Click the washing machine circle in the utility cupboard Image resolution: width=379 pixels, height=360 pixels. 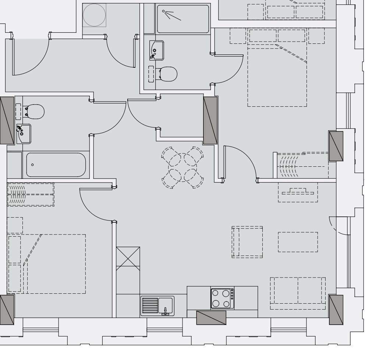pyautogui.click(x=94, y=15)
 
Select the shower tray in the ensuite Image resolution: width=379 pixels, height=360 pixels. pyautogui.click(x=183, y=19)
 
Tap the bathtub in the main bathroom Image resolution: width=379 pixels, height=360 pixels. pyautogui.click(x=56, y=165)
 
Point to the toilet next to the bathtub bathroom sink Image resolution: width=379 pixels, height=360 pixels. pyautogui.click(x=35, y=111)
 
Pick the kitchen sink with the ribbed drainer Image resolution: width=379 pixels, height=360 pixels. pyautogui.click(x=157, y=305)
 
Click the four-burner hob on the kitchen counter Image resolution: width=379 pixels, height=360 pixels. pyautogui.click(x=222, y=298)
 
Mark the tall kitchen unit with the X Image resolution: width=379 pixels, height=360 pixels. pyautogui.click(x=128, y=258)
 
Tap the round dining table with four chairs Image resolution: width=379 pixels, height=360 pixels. pyautogui.click(x=183, y=168)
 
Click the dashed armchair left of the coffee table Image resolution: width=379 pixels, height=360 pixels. pyautogui.click(x=247, y=242)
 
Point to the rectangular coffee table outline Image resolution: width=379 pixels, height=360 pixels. pyautogui.click(x=298, y=242)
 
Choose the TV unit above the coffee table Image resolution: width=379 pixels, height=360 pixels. pyautogui.click(x=298, y=192)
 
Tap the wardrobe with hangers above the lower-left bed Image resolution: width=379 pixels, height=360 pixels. pyautogui.click(x=31, y=194)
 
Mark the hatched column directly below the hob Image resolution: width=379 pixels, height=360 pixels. pyautogui.click(x=211, y=317)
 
